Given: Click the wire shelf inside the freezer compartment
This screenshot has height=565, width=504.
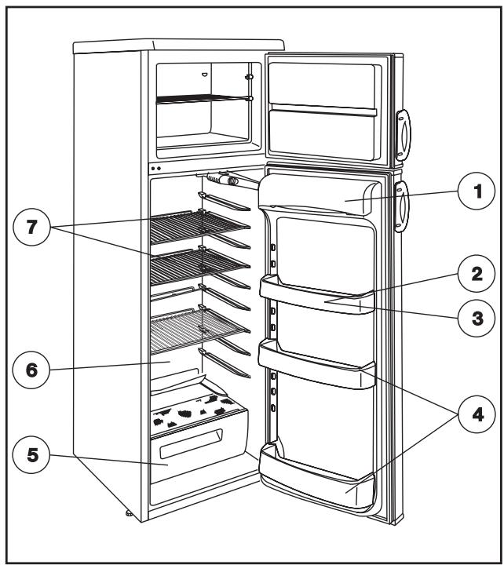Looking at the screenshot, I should [203, 99].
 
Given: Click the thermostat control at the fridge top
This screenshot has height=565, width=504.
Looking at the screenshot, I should [228, 180].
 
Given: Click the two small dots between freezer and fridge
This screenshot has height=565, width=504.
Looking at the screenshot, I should [155, 168].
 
